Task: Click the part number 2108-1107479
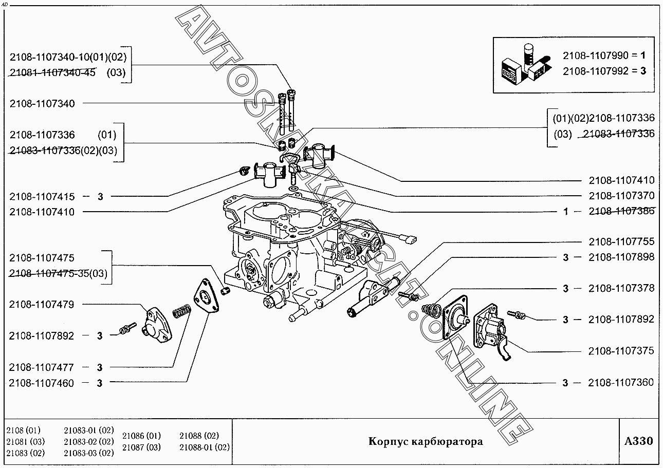click(42, 305)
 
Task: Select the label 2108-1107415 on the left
click(42, 196)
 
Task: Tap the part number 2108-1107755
click(621, 241)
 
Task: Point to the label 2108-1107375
click(621, 351)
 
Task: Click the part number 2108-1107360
click(621, 383)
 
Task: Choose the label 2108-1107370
click(621, 196)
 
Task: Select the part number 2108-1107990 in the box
click(595, 55)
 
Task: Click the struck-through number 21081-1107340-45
click(53, 72)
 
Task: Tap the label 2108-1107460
click(41, 383)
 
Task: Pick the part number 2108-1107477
click(41, 367)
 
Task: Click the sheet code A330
click(638, 441)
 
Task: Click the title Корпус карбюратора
click(426, 441)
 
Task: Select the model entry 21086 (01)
click(141, 436)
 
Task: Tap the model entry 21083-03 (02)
click(89, 453)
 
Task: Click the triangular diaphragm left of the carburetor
click(206, 295)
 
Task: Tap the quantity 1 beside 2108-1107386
click(566, 212)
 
